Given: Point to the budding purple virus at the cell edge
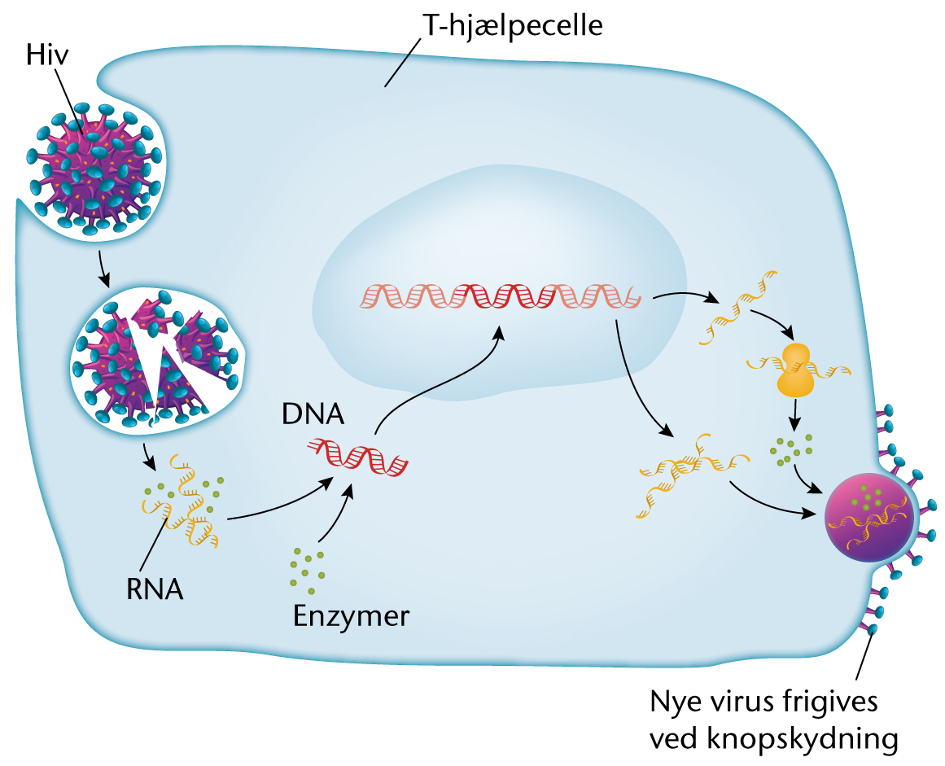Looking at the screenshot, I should tap(868, 522).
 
